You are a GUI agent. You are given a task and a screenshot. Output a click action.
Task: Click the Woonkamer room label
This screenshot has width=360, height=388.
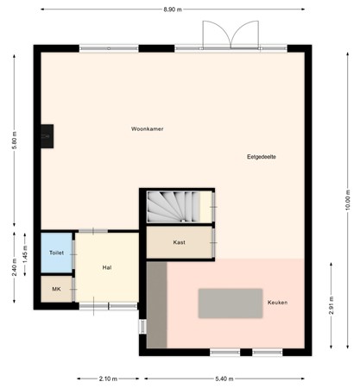click(x=148, y=129)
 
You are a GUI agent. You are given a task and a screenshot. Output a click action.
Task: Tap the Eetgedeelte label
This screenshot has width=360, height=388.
click(x=262, y=157)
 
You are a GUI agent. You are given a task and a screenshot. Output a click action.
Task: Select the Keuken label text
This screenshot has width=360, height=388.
click(x=277, y=303)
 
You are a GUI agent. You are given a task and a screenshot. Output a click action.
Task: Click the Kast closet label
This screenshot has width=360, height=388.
click(x=180, y=242)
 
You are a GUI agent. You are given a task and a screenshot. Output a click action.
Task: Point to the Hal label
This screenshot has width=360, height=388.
click(x=107, y=267)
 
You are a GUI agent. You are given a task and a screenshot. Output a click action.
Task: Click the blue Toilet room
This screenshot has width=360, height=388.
click(x=57, y=253)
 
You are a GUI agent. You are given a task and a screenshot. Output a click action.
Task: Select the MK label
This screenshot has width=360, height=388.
click(x=56, y=289)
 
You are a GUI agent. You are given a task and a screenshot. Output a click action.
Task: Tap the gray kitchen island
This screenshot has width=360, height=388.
click(x=231, y=303)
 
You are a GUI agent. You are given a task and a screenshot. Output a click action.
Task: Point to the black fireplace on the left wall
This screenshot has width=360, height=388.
click(x=47, y=135)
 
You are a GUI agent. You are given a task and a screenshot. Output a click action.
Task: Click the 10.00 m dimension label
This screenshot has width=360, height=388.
click(x=348, y=199)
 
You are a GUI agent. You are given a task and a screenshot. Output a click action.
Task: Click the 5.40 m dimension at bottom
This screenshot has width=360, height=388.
click(x=224, y=378)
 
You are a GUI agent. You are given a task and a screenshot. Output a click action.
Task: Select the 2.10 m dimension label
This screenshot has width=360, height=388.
click(x=108, y=378)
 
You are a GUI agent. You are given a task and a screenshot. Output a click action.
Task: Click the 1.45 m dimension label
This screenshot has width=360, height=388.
click(x=25, y=253)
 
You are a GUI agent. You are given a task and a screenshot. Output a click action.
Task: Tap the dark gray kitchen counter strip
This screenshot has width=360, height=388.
click(x=156, y=305)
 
